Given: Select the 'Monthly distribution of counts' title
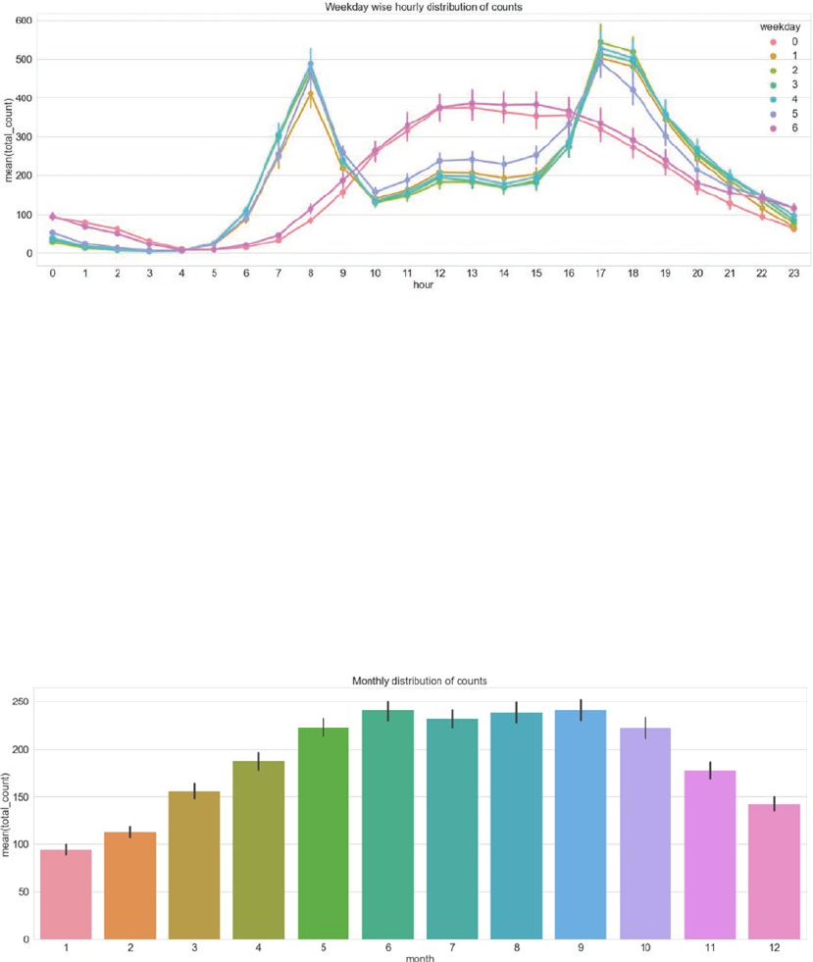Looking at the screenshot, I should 420,680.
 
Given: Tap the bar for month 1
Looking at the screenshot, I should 66,894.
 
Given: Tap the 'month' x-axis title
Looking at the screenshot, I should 419,958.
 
